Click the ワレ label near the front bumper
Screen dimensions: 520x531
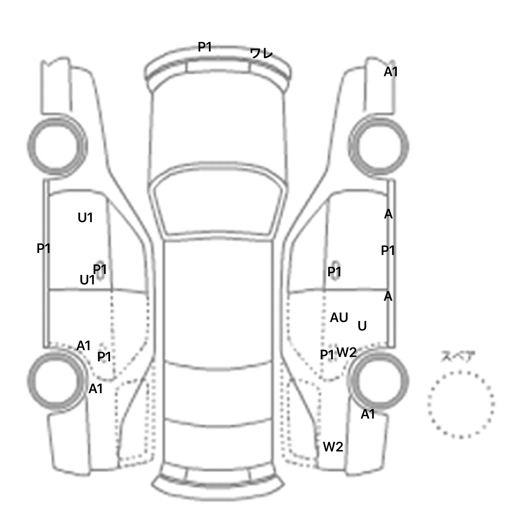click(261, 53)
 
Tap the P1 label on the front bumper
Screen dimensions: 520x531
click(205, 47)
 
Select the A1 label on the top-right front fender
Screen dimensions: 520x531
click(391, 72)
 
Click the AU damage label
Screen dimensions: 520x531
click(339, 318)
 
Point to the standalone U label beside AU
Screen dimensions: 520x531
click(362, 326)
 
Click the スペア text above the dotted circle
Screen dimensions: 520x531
click(458, 357)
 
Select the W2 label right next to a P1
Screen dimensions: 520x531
click(347, 353)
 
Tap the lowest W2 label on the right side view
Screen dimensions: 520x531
click(333, 447)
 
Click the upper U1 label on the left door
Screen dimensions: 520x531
click(85, 218)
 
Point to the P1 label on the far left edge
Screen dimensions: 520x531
click(44, 249)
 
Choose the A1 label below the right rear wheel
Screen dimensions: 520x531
click(368, 414)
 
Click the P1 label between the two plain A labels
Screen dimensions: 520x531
click(388, 251)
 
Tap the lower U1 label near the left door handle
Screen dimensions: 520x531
click(87, 280)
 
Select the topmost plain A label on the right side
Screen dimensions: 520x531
click(388, 214)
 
